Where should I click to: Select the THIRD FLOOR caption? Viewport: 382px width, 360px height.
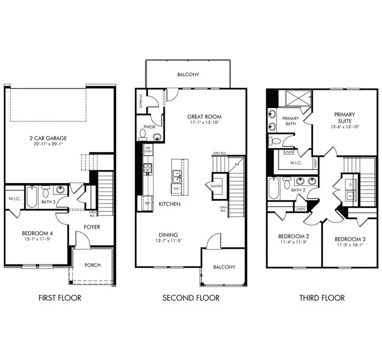point(322,298)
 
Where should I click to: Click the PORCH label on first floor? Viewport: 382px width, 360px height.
point(92,265)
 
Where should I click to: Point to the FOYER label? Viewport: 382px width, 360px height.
point(92,227)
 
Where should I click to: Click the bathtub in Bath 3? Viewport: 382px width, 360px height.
point(31,198)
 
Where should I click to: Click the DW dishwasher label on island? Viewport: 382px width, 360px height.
point(176,188)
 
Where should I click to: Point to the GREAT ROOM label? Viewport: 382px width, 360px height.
point(204,117)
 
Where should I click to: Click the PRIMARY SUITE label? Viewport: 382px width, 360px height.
point(344,117)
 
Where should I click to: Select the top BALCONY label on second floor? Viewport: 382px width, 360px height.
point(188,74)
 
